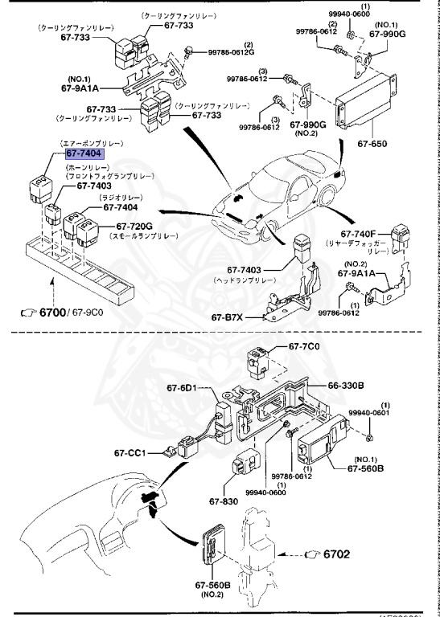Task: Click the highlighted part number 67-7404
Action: click(x=84, y=153)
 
